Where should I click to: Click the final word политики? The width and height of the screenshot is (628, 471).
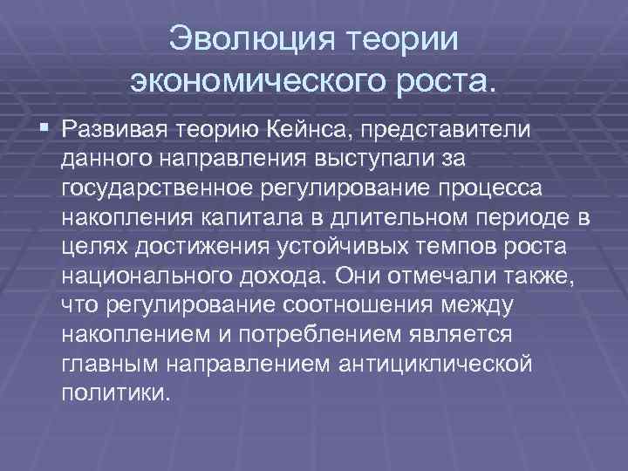113,395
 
